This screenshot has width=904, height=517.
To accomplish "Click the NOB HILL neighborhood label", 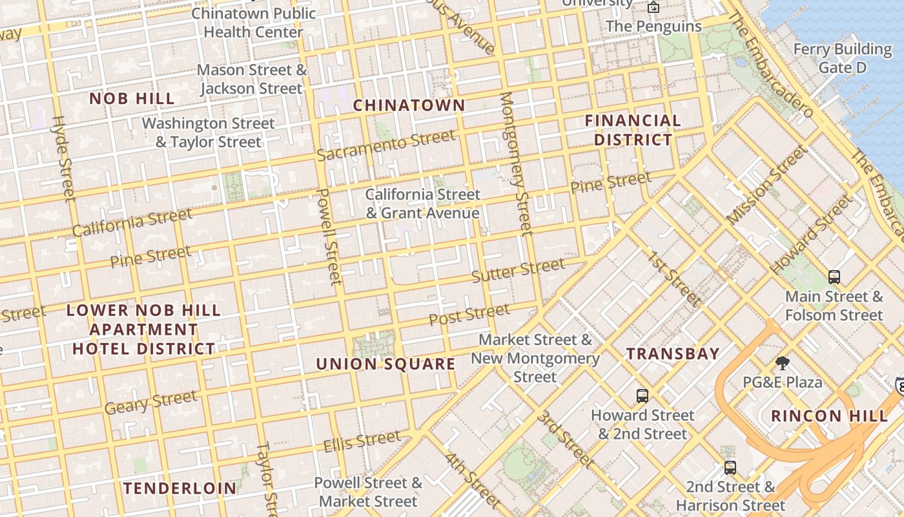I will [x=132, y=98].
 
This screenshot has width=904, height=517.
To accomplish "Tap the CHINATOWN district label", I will [x=409, y=105].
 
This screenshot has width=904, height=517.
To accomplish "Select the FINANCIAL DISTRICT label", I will [x=633, y=130].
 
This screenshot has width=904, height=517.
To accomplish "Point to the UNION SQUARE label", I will [x=385, y=364].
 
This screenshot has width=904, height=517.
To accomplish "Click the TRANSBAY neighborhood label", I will [x=673, y=353].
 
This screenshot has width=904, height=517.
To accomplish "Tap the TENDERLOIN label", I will [x=180, y=488].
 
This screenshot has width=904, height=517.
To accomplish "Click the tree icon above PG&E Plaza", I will [x=783, y=363].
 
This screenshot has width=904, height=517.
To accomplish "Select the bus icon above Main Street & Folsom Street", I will [x=834, y=277].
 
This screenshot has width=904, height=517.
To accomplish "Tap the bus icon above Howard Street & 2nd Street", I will [x=642, y=396].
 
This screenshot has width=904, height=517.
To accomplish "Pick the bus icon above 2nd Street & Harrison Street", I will [x=730, y=467].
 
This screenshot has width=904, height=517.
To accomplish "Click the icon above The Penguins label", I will [x=653, y=8].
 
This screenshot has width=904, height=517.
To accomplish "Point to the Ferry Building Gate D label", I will [x=842, y=58].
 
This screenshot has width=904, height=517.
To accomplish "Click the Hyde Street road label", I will [x=63, y=158].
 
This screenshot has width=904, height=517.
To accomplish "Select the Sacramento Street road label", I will [x=386, y=145].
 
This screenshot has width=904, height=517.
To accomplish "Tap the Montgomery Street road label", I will [x=515, y=164].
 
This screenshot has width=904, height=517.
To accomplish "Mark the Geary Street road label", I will [x=150, y=402].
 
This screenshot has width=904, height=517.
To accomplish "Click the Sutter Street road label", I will [x=518, y=270].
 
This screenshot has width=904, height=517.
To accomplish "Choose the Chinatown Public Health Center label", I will [x=253, y=23].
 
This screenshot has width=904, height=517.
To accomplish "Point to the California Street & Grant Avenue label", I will [x=423, y=204].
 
